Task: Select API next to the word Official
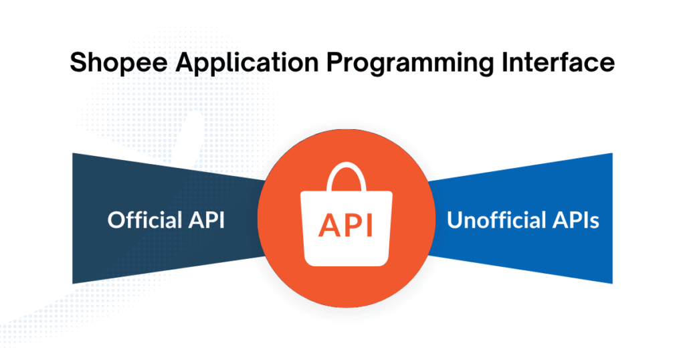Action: point(207,220)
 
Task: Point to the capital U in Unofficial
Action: point(454,220)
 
